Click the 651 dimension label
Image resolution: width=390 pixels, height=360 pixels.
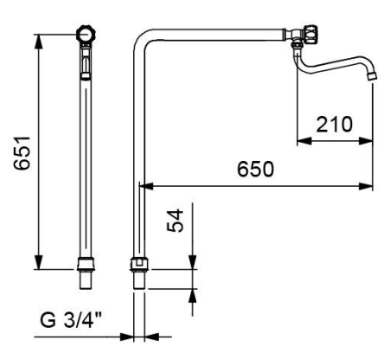22,152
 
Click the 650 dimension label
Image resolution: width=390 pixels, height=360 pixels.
255,169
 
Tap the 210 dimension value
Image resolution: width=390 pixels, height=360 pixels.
335,125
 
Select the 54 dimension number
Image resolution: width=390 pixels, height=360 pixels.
175,221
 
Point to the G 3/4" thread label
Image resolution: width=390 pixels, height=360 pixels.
71,319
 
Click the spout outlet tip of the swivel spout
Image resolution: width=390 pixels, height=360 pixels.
372,76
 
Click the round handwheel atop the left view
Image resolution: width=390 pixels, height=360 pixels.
86,35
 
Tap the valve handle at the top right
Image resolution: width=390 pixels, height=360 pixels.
310,34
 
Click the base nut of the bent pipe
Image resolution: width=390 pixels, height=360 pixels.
139,264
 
